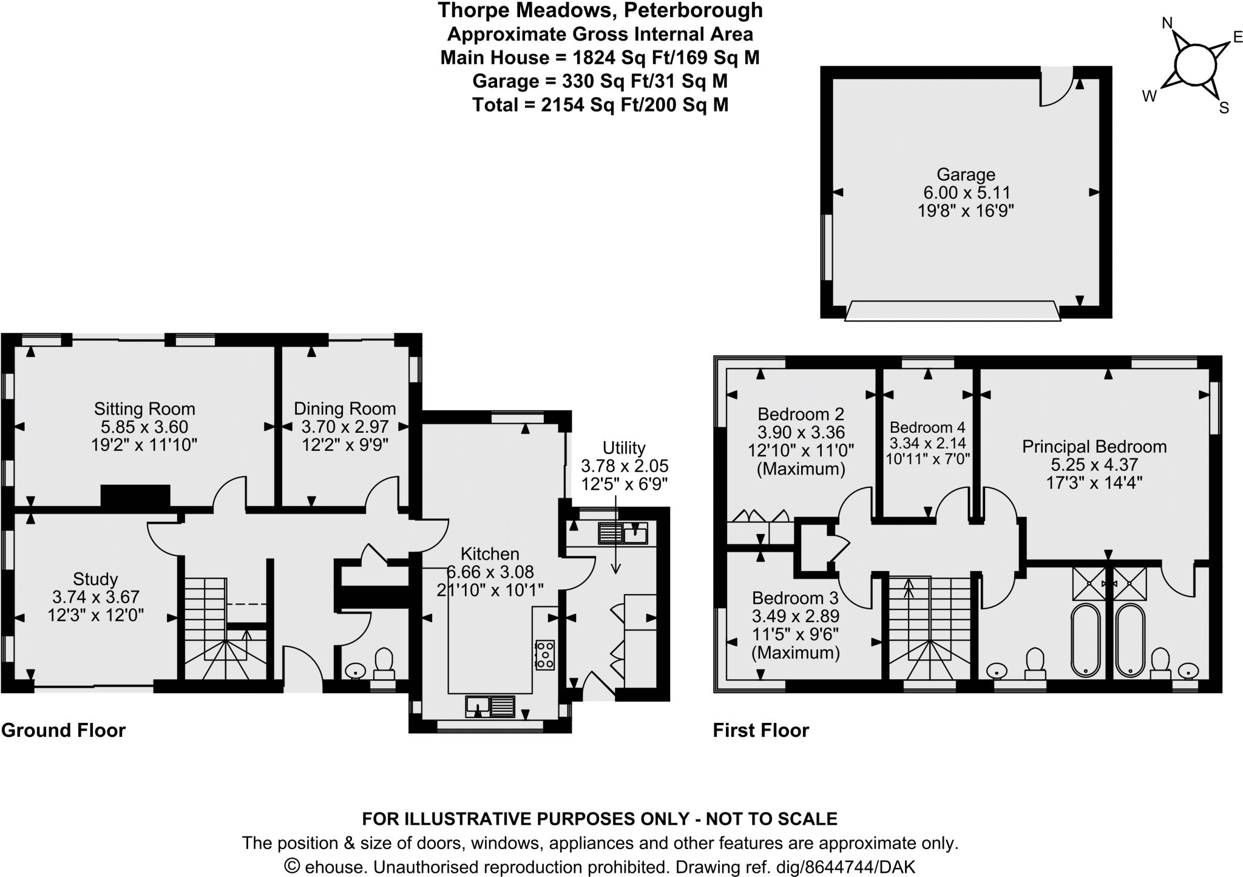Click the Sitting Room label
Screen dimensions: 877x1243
(144, 408)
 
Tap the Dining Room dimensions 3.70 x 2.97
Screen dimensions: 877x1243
(345, 427)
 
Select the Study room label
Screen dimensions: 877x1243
(95, 578)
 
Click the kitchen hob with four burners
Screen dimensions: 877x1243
(544, 655)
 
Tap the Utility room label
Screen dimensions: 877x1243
(624, 448)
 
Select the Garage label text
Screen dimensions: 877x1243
(966, 175)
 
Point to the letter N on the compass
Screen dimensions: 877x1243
(1167, 23)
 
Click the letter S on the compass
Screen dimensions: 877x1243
(1224, 109)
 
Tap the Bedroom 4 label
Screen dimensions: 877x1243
(927, 427)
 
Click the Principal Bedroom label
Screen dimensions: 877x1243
(1094, 447)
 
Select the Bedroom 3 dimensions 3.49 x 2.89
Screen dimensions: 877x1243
(795, 616)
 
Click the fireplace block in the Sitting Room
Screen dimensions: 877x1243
(135, 495)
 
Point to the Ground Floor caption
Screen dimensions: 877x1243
(64, 730)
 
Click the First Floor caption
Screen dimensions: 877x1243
(760, 730)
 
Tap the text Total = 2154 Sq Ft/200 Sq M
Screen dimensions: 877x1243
(600, 105)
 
